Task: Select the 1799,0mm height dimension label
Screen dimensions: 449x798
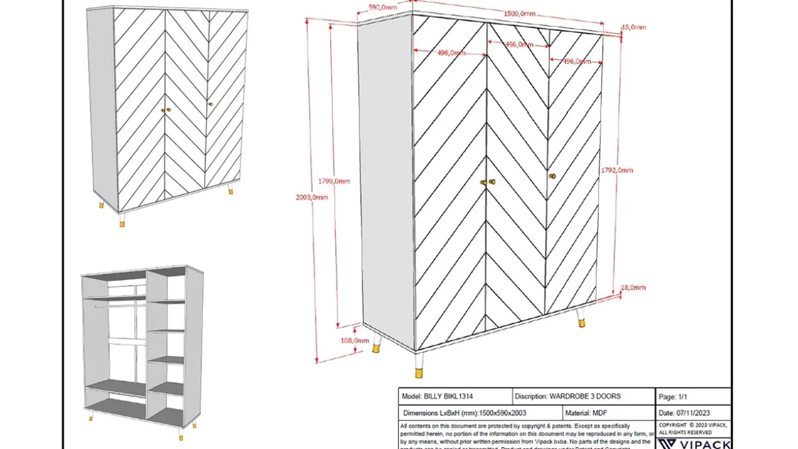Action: point(335,181)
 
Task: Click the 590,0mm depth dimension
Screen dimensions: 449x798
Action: point(382,7)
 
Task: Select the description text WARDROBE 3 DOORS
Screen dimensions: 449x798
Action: point(585,396)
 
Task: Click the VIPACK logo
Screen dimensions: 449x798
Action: point(695,443)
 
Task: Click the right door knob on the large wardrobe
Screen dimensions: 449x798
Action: point(552,176)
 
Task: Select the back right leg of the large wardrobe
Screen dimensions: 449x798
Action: point(580,318)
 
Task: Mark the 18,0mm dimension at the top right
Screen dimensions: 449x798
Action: point(634,28)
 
